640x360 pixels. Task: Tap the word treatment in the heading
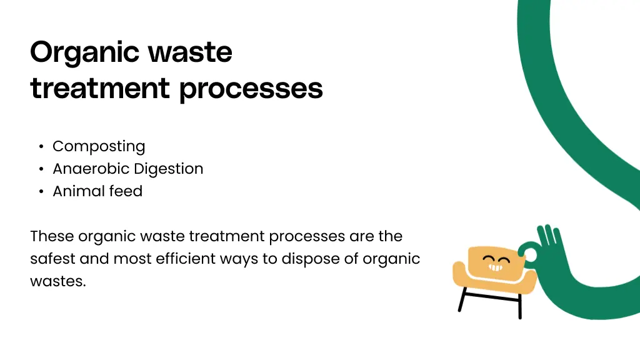click(99, 89)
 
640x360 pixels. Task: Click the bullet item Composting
click(99, 147)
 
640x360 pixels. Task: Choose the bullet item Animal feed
click(97, 191)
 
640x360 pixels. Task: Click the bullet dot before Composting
click(41, 147)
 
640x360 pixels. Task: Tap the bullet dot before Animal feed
click(41, 192)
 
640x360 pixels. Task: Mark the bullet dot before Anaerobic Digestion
click(41, 169)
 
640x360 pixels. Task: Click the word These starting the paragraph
click(52, 237)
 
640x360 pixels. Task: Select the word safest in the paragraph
click(49, 259)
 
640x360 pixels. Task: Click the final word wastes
click(57, 281)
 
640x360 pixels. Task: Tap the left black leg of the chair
click(462, 299)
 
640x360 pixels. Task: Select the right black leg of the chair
click(519, 305)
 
